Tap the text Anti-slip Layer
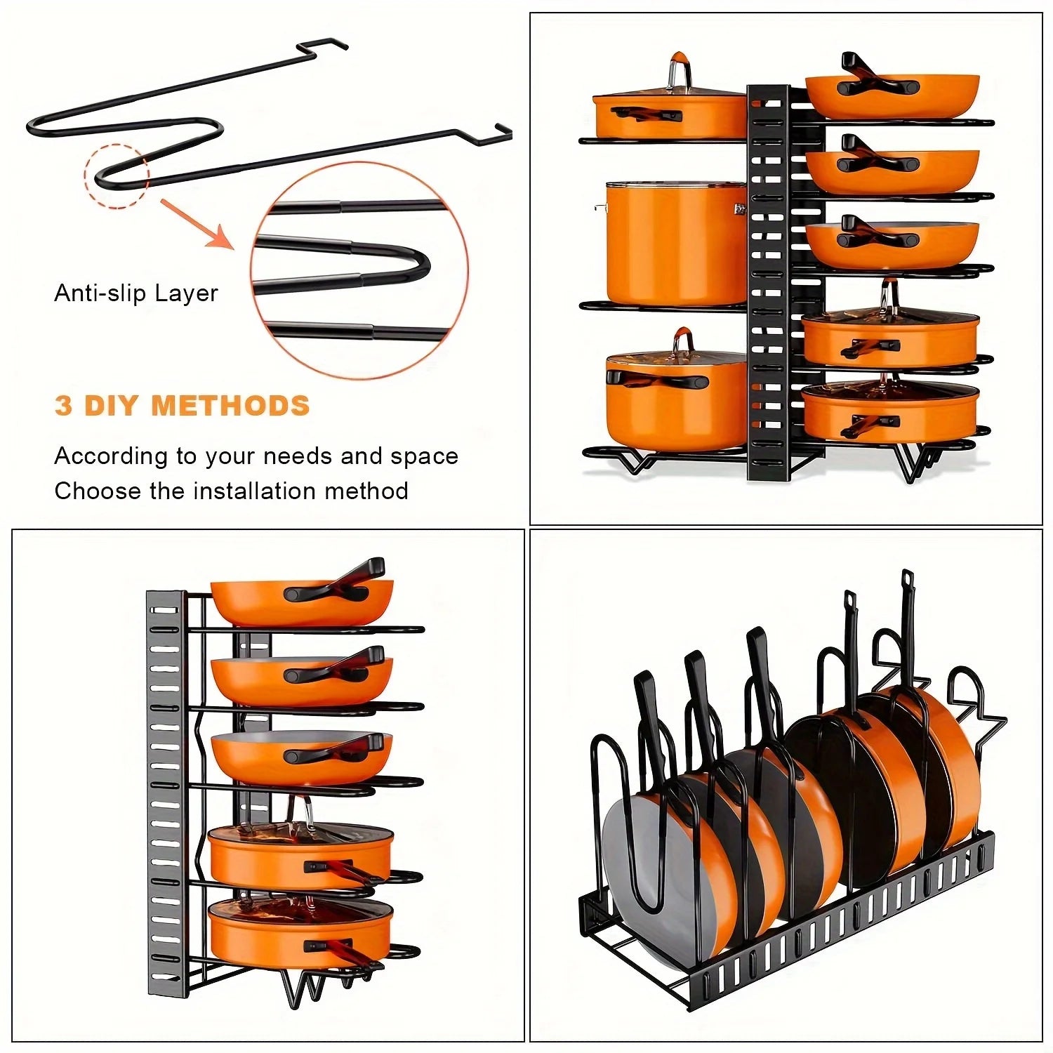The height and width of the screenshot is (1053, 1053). click(136, 293)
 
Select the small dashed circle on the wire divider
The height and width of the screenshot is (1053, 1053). click(117, 175)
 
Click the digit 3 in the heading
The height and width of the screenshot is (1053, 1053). click(63, 406)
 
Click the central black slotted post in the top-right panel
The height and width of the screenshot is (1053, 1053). click(767, 281)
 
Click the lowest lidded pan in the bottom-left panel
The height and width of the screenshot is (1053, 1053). click(300, 934)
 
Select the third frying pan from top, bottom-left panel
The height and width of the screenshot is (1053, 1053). click(300, 758)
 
